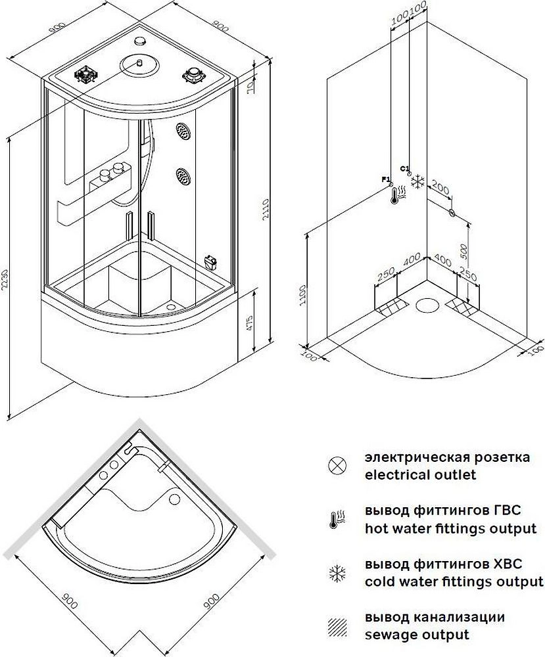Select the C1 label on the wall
pyautogui.click(x=404, y=168)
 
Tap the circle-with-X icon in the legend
pyautogui.click(x=337, y=465)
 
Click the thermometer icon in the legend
pyautogui.click(x=337, y=520)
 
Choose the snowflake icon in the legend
pyautogui.click(x=337, y=574)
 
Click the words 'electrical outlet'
pyautogui.click(x=421, y=474)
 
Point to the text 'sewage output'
pyautogui.click(x=417, y=635)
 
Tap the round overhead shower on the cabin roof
pyautogui.click(x=140, y=65)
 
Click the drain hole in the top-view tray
pyautogui.click(x=175, y=501)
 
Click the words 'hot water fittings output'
pyautogui.click(x=450, y=528)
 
